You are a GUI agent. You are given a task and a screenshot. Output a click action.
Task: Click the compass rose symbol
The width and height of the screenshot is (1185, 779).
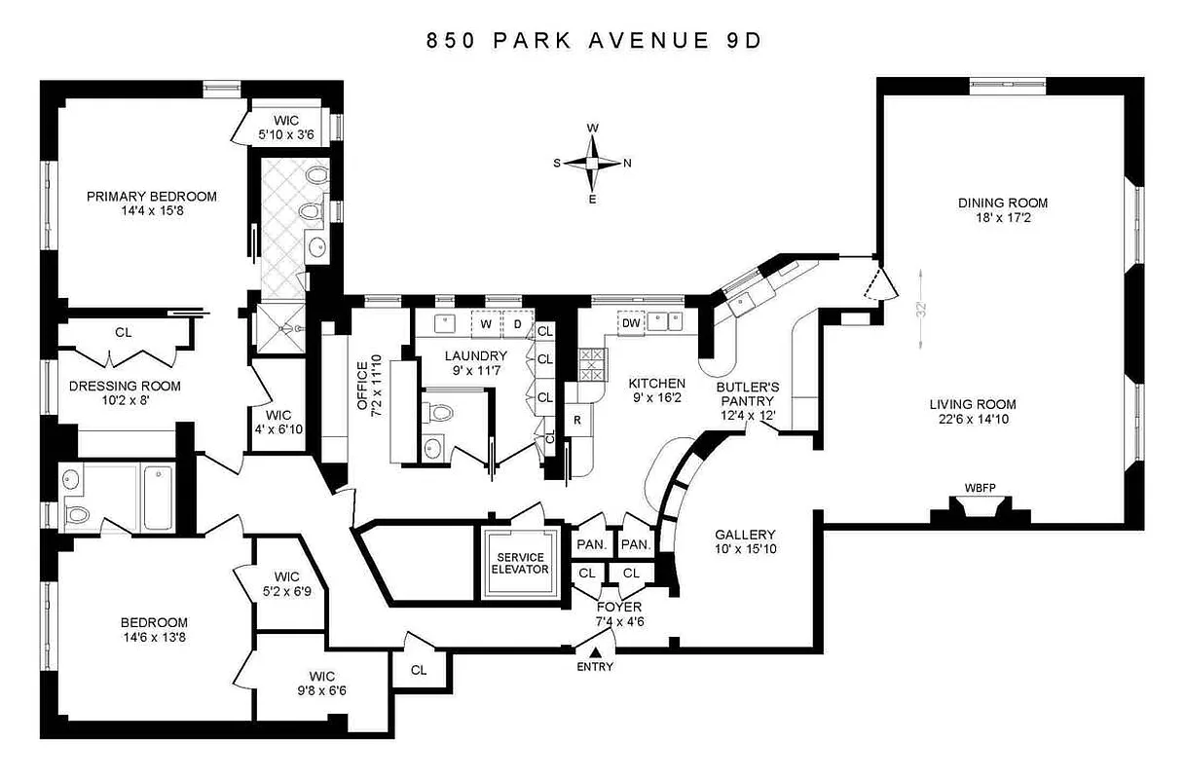coord(592,163)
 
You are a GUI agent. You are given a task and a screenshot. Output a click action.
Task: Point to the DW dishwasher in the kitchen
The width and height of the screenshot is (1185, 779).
coord(631,322)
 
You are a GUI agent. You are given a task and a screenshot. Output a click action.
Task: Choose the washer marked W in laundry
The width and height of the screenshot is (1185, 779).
coord(484,322)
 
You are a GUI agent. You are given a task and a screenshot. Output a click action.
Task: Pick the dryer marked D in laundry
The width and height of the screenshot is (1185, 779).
coord(517,322)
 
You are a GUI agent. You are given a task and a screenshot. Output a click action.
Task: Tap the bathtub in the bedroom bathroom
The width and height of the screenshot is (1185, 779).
coord(158,498)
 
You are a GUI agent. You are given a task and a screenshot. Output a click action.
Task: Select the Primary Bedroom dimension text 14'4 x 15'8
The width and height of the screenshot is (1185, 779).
coord(151,211)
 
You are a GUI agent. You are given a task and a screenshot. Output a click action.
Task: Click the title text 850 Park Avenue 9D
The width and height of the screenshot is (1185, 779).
coord(591,41)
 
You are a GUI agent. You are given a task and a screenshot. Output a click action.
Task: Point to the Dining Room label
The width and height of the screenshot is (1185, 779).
coord(1002,203)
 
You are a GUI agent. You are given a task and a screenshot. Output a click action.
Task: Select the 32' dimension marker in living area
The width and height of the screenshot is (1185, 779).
coord(920,311)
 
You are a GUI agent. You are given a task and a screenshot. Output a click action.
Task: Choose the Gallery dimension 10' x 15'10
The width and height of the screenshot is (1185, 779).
coord(745,549)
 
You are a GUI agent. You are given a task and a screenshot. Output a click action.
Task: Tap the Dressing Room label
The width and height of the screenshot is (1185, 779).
coord(125,386)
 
